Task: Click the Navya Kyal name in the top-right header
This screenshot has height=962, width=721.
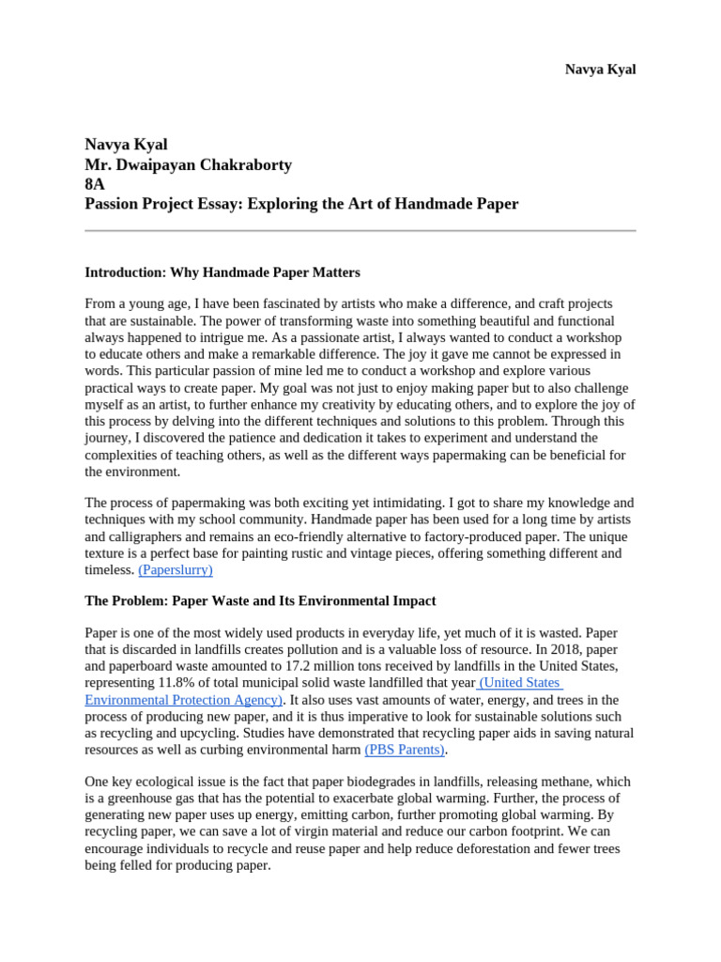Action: tap(600, 70)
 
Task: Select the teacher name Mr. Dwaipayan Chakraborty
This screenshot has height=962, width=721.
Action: tap(188, 164)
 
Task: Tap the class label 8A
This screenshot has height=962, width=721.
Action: tap(95, 184)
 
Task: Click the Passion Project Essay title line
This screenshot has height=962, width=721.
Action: tap(301, 204)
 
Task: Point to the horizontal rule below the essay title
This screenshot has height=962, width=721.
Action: tap(360, 230)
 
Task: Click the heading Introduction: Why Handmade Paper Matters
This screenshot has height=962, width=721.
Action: tap(222, 272)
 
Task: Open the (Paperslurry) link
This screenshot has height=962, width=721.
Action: tap(176, 569)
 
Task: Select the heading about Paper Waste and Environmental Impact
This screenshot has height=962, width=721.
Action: tap(260, 600)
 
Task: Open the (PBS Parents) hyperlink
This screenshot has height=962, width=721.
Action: tap(405, 750)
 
